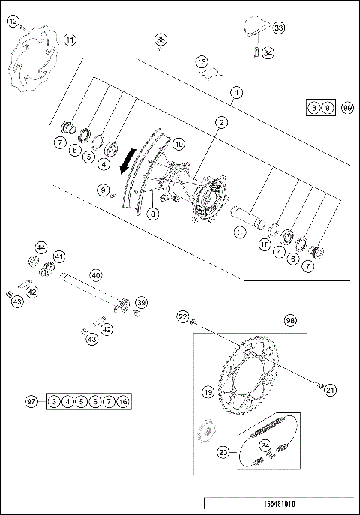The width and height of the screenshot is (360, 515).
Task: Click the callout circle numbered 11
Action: pyautogui.click(x=69, y=40)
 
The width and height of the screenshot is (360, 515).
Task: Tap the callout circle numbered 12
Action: pyautogui.click(x=13, y=22)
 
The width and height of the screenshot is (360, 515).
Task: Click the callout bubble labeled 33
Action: pyautogui.click(x=279, y=28)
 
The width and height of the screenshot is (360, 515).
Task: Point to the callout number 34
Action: pyautogui.click(x=268, y=53)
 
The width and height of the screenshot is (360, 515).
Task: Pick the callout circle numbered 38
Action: pyautogui.click(x=160, y=39)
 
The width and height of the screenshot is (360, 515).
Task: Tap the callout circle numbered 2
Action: pyautogui.click(x=221, y=121)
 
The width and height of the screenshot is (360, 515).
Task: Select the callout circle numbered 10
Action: pyautogui.click(x=178, y=143)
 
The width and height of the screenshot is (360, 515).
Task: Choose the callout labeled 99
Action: pyautogui.click(x=347, y=109)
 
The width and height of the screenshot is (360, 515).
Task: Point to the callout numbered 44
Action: pyautogui.click(x=40, y=247)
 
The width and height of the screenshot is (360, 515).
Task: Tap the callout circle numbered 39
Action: pyautogui.click(x=141, y=302)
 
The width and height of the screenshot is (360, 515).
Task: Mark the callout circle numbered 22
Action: pyautogui.click(x=182, y=318)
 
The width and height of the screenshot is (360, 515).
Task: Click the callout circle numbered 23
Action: pyautogui.click(x=224, y=453)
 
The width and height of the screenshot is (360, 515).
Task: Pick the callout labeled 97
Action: pyautogui.click(x=31, y=403)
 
